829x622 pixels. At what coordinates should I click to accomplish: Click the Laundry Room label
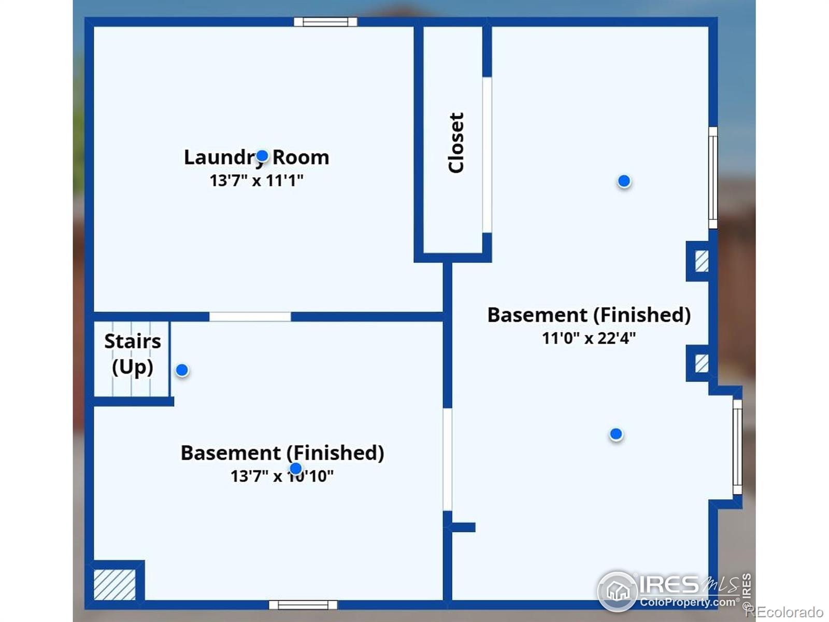256,157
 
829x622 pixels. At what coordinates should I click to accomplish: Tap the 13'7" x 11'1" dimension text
256,180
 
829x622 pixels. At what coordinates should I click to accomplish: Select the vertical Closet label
456,143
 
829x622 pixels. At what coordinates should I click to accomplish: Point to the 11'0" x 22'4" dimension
589,338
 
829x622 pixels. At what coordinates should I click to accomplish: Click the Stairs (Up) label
133,354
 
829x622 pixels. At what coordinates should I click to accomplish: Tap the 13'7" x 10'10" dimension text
282,476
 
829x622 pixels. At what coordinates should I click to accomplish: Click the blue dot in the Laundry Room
262,155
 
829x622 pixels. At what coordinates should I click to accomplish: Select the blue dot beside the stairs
182,370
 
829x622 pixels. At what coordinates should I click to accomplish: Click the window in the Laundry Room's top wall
325,22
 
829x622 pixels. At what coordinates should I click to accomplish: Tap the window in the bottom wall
303,604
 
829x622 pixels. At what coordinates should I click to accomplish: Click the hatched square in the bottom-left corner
115,585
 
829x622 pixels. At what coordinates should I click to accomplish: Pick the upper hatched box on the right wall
702,261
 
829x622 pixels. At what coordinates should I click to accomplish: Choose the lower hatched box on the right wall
702,363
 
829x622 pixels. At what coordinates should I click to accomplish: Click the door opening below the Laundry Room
250,317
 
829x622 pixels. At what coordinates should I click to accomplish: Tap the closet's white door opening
487,155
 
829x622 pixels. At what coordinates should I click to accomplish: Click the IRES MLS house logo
617,591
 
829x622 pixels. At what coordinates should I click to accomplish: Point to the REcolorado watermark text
785,611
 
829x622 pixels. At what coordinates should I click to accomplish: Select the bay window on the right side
738,447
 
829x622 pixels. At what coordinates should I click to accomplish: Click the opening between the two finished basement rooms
448,460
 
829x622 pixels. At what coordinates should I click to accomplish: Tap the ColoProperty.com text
688,602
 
